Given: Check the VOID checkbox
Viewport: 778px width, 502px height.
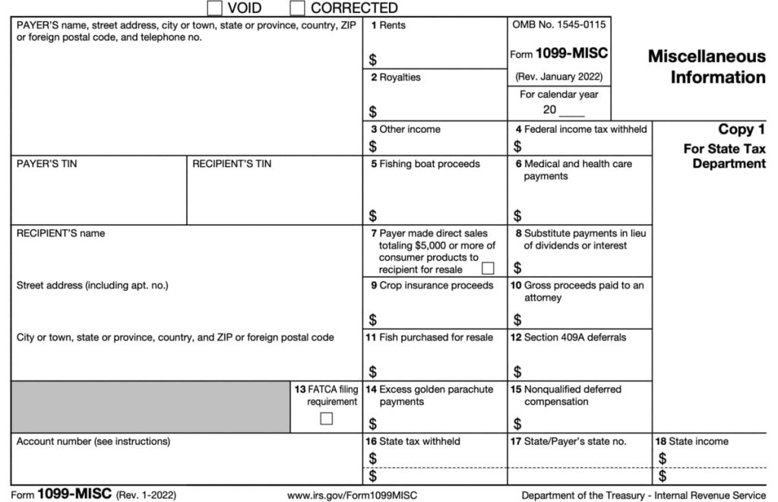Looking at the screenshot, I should coord(215,8).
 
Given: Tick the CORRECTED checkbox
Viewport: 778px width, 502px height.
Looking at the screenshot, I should coord(298,8).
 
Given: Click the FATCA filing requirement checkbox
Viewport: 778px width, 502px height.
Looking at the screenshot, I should coord(327,418).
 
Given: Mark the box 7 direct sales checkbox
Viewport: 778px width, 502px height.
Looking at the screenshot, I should coord(488,268).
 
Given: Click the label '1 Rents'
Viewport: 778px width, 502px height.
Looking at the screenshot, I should coord(388,25).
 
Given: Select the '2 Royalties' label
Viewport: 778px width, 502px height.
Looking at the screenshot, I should coord(395,77).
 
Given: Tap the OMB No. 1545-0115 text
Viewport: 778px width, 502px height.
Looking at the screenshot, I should coord(559,25).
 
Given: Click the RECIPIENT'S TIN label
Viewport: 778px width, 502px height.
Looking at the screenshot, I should coord(231,164).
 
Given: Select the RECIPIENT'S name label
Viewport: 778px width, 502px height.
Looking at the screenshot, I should coord(61,233).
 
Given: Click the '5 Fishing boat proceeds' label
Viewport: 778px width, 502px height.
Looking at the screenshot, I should coord(425,164).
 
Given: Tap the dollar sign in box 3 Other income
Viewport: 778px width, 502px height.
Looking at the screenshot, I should coord(373,147).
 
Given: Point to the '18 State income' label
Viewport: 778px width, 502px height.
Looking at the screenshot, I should coord(691,441).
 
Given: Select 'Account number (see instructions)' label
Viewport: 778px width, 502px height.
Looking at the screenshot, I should coord(93,441).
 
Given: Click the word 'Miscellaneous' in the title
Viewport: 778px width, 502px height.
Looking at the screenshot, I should coord(706,57).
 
